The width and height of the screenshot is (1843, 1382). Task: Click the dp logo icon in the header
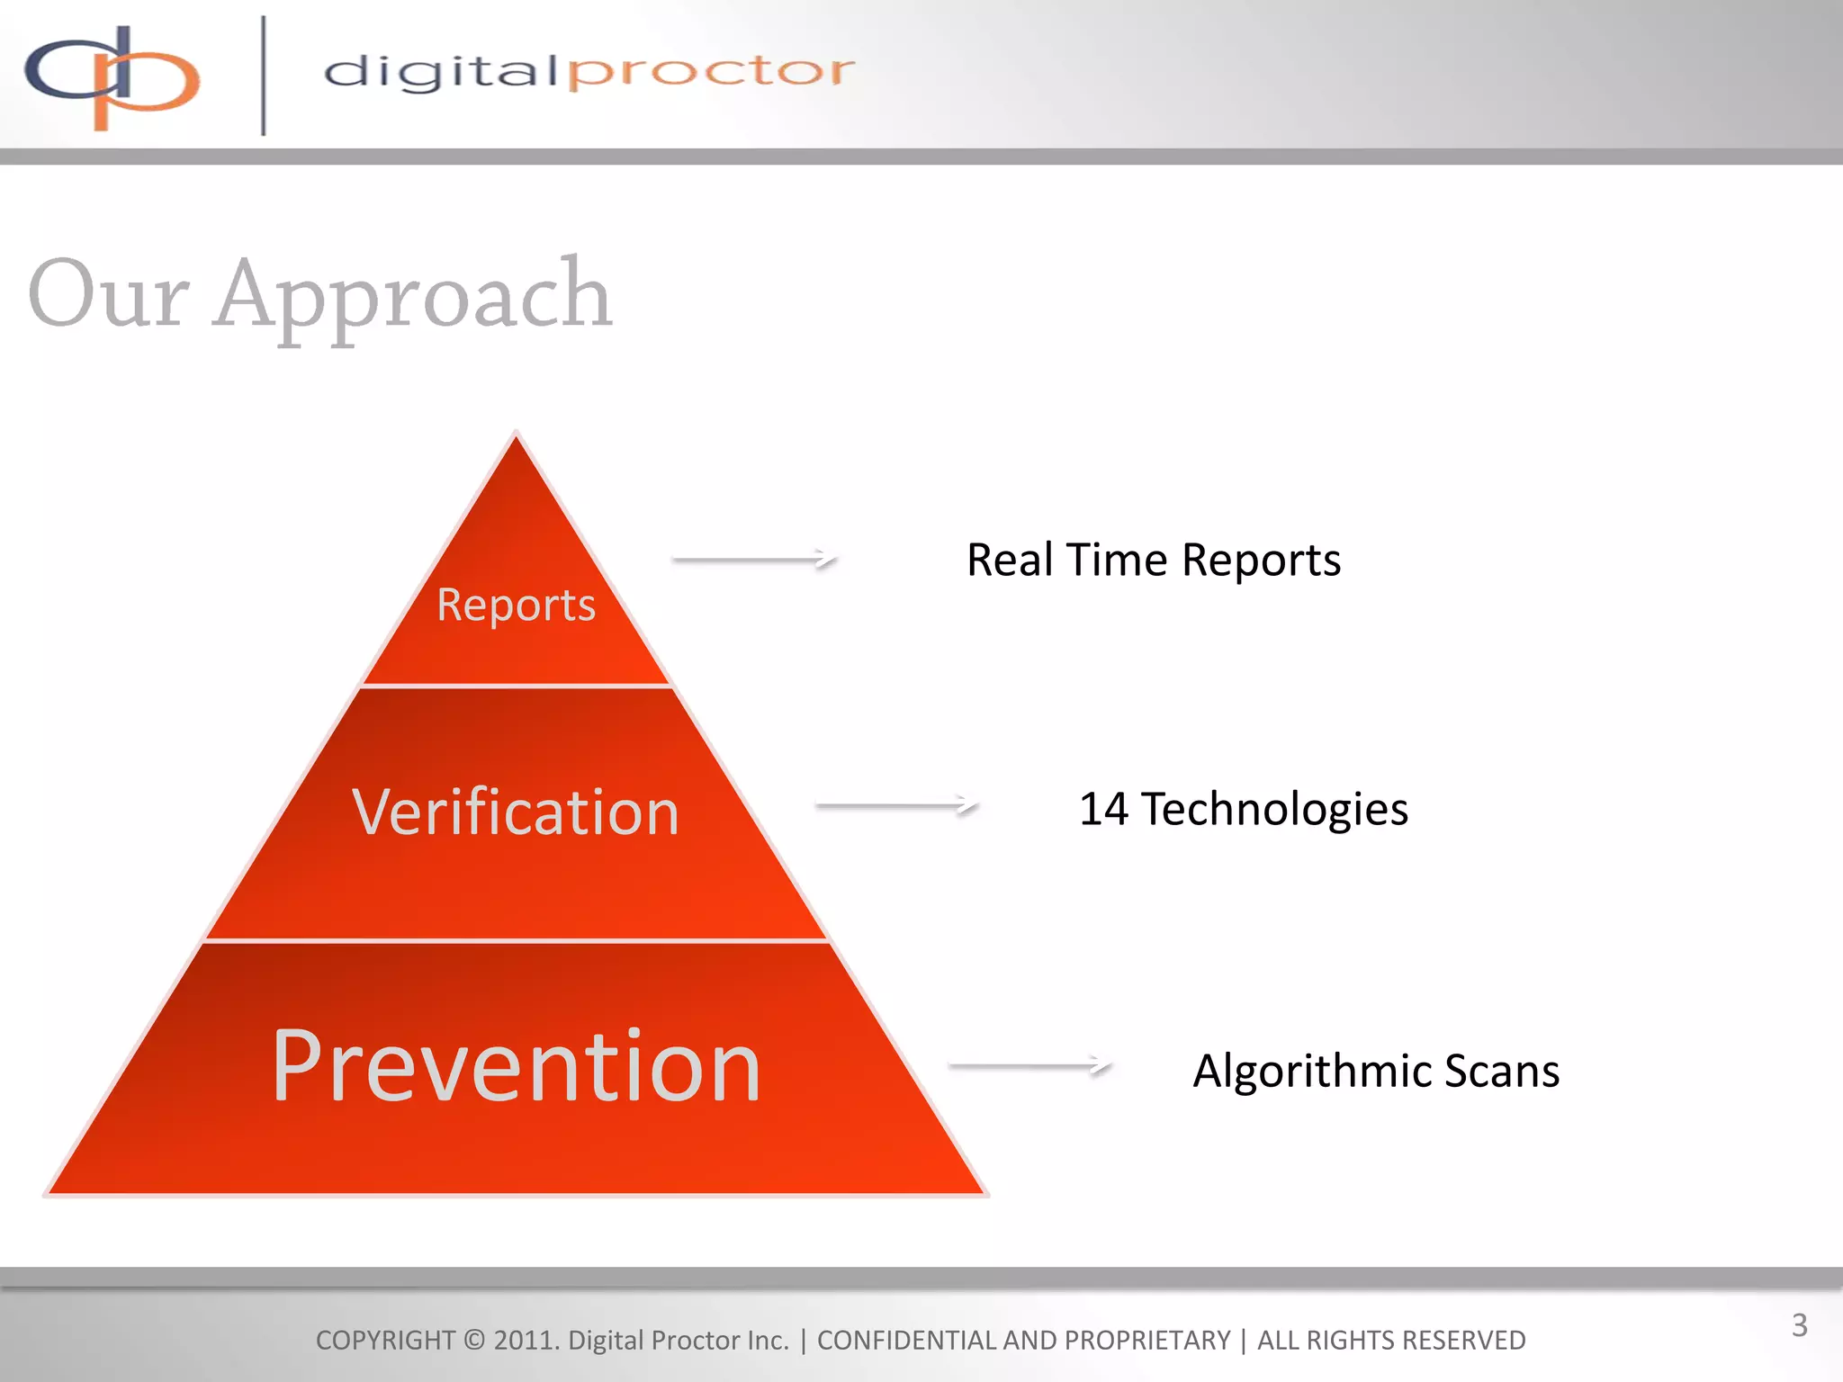coord(112,76)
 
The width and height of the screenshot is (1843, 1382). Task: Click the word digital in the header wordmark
coord(441,72)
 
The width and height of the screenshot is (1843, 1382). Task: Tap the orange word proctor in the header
coord(711,72)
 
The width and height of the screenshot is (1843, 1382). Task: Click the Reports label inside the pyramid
coord(516,605)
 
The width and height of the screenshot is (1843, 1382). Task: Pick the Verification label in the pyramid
coord(516,812)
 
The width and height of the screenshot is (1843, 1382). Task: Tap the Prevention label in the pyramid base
coord(517,1065)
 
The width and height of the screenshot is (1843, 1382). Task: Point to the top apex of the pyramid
coord(516,435)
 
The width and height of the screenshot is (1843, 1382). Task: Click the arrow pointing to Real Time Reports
coord(755,559)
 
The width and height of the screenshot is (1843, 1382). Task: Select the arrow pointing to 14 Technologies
coord(896,805)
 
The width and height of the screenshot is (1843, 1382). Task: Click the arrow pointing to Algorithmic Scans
coord(1029,1065)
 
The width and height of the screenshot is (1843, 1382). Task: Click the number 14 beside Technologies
coord(1103,808)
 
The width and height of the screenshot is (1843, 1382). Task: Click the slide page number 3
coord(1799,1325)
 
